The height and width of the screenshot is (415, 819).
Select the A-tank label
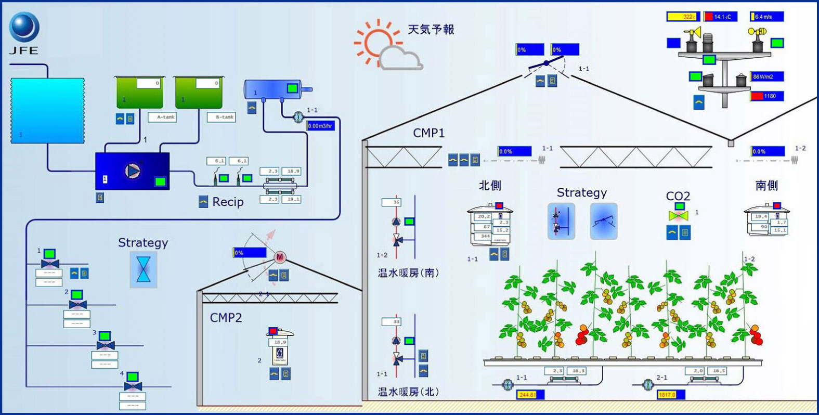pos(163,118)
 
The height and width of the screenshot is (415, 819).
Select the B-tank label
pos(222,118)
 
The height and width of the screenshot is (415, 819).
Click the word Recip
pos(228,202)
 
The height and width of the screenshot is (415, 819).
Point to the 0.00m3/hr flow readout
pos(320,126)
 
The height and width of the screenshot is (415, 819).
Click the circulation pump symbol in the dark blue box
pos(133,171)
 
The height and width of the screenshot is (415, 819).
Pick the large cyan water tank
pos(47,110)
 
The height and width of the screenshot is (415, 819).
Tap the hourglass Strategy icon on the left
pos(143,269)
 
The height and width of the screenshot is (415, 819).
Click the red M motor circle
pos(280,257)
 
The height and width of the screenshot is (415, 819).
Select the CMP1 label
pos(428,133)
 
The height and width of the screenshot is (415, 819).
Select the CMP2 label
pos(226,318)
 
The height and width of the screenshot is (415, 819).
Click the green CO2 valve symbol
pos(679,215)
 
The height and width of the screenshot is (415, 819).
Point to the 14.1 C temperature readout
pos(721,17)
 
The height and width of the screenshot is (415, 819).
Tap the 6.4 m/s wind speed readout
pos(766,17)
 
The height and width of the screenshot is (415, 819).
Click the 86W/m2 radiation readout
pos(766,77)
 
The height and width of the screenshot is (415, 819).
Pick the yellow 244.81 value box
pos(530,395)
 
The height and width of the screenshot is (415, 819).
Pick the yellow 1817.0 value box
pos(670,395)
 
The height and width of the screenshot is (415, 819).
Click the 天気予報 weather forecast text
pos(431,30)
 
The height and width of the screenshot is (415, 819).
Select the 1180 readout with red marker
pos(766,96)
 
